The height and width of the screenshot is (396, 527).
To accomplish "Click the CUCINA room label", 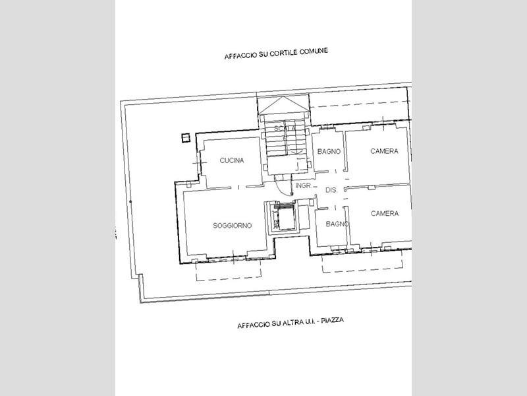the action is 232,160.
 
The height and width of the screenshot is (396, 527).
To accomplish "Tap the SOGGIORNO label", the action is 233,226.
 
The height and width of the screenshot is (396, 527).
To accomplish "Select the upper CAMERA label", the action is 384,151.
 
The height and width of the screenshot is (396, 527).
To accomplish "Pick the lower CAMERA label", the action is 385,213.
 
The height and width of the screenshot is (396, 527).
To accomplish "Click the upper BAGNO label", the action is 329,152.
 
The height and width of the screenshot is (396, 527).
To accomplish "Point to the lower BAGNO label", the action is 337,224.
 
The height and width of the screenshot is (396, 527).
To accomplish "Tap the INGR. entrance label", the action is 304,185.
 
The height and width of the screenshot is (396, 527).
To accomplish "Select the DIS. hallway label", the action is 331,190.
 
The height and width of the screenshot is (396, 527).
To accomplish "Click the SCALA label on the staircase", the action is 285,128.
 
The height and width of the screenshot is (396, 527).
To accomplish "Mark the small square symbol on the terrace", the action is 186,138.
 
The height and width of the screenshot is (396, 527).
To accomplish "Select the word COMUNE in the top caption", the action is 314,51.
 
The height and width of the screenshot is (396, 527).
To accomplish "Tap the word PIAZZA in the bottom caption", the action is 332,320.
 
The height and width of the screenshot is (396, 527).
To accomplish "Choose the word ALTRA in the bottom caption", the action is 292,323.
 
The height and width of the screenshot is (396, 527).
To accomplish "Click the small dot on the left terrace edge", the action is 130,202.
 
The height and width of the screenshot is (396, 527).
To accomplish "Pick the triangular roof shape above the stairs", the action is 284,105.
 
